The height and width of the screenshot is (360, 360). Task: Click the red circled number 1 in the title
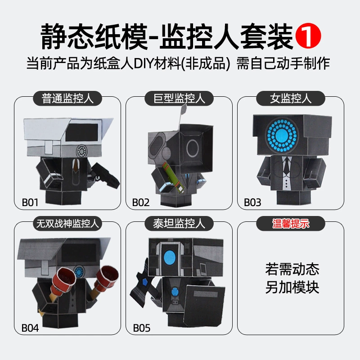click(x=308, y=36)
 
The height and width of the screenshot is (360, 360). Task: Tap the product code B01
click(x=30, y=202)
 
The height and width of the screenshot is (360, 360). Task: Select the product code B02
click(x=141, y=202)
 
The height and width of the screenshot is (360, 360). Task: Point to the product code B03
click(x=252, y=202)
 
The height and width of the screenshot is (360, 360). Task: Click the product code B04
click(x=30, y=328)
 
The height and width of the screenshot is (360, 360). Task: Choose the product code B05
click(x=142, y=328)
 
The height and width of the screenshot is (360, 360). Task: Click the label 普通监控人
click(x=67, y=99)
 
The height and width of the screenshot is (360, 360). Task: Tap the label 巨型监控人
click(x=179, y=99)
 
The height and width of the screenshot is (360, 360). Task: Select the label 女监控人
click(x=291, y=99)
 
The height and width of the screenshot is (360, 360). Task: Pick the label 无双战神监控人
click(x=67, y=223)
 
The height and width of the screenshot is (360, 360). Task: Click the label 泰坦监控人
click(x=179, y=223)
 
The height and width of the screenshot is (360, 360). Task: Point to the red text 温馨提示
click(x=291, y=223)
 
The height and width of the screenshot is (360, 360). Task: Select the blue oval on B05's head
click(x=170, y=257)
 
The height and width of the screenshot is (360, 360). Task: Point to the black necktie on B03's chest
click(x=286, y=166)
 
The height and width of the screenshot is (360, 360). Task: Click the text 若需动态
click(x=292, y=269)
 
